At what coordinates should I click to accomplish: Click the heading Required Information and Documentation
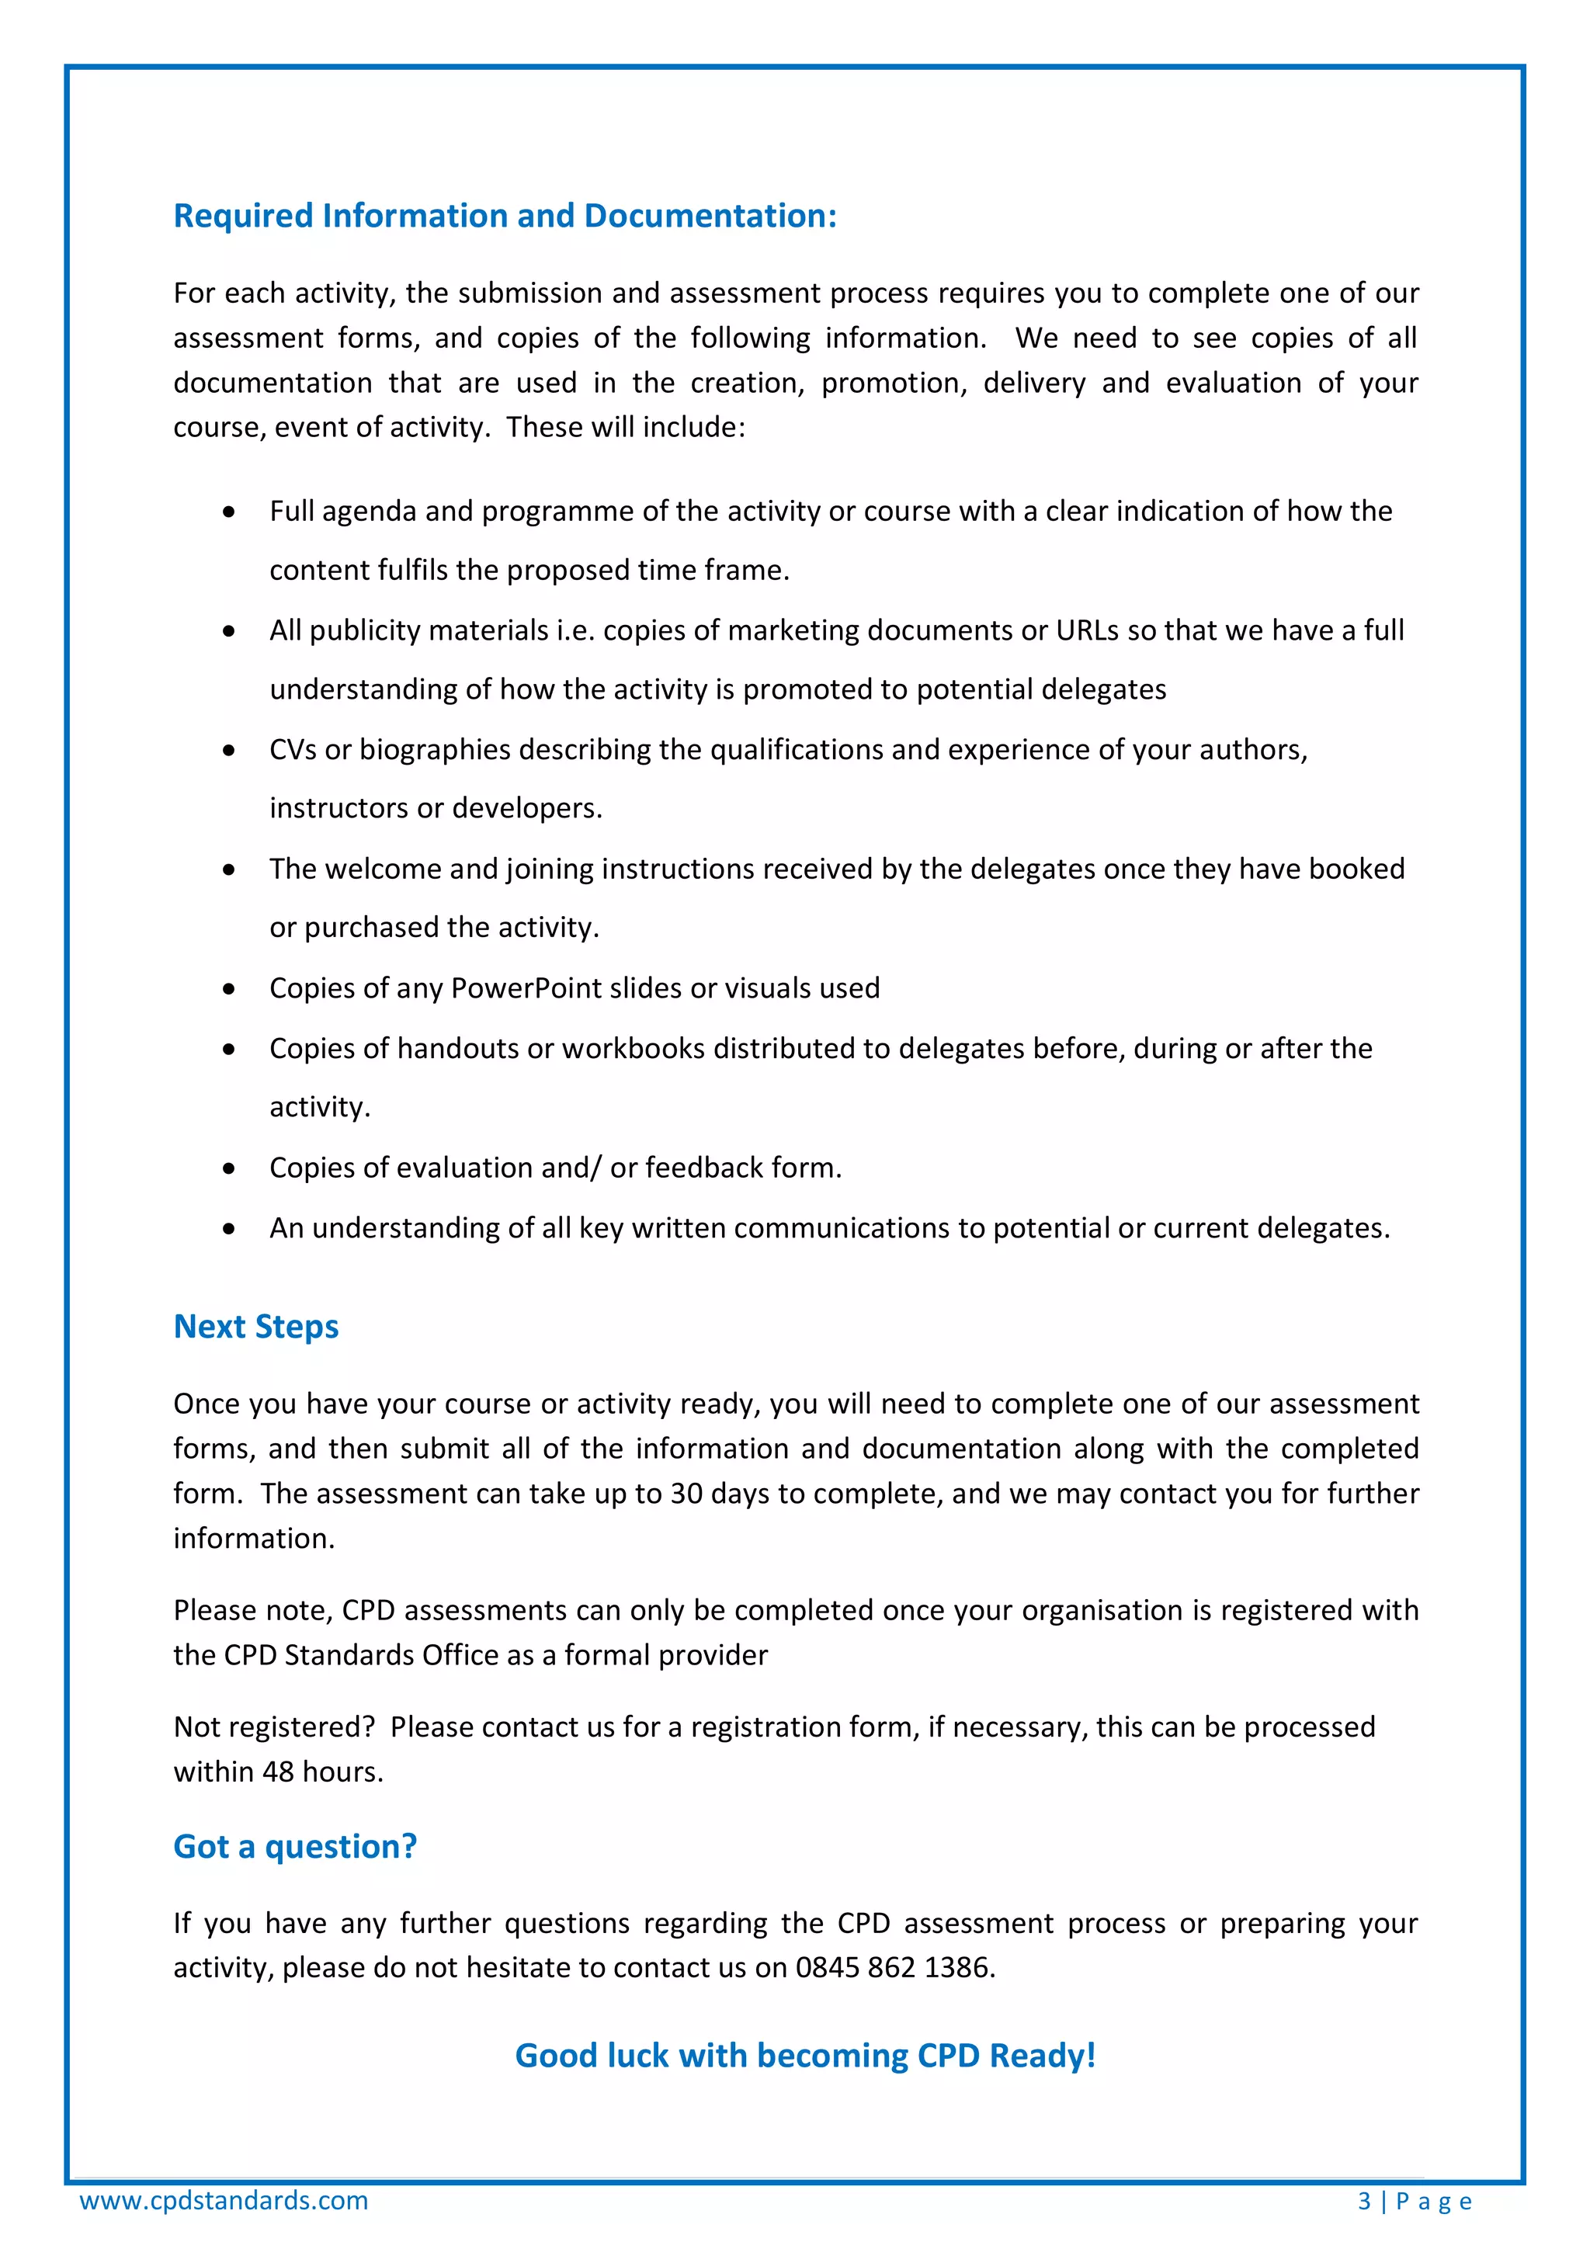click(505, 216)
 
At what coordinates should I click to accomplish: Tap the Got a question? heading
click(295, 1845)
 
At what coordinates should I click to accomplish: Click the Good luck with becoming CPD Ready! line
click(804, 2055)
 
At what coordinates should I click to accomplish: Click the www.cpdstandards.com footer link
click(224, 2200)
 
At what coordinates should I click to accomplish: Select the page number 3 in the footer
click(1364, 2201)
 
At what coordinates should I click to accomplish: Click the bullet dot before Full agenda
click(228, 512)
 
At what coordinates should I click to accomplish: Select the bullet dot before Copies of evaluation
click(228, 1168)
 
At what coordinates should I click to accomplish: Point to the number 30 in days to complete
click(686, 1493)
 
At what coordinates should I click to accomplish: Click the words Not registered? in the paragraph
click(273, 1727)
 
